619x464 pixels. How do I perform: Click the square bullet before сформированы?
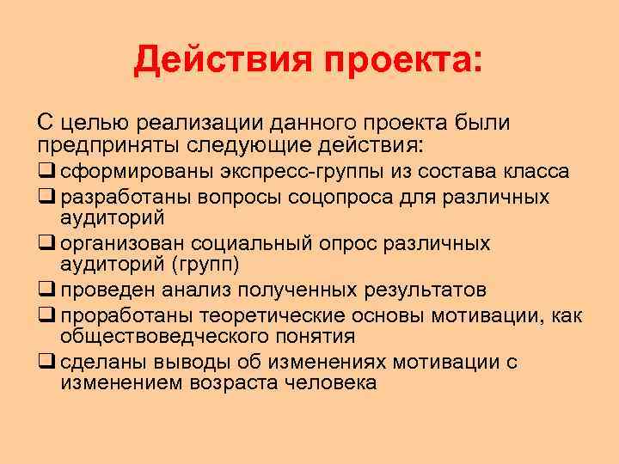44,171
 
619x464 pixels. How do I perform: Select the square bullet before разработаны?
44,196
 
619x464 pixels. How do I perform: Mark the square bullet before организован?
44,243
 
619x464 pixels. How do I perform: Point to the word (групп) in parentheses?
205,262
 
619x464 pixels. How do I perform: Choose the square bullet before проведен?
44,287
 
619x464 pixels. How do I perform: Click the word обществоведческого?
170,335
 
